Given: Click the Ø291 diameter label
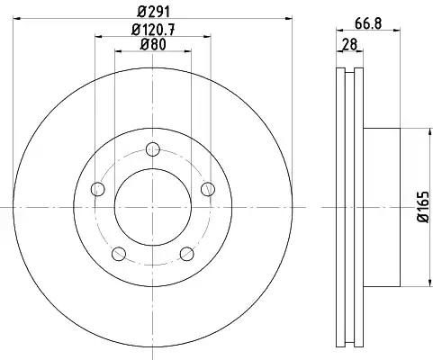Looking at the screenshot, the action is (154, 12).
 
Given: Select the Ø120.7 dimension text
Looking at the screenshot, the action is (153, 30).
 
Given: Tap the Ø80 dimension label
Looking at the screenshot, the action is (153, 45).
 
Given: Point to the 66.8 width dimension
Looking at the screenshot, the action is (368, 23).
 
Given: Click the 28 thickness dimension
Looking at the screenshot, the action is (350, 45).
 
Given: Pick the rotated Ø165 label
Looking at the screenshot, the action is (423, 207).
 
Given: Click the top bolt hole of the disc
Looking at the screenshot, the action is (153, 149).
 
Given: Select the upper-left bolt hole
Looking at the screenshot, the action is (97, 189).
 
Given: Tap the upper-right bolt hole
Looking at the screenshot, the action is (208, 189).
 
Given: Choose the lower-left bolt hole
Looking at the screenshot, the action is (119, 254).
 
